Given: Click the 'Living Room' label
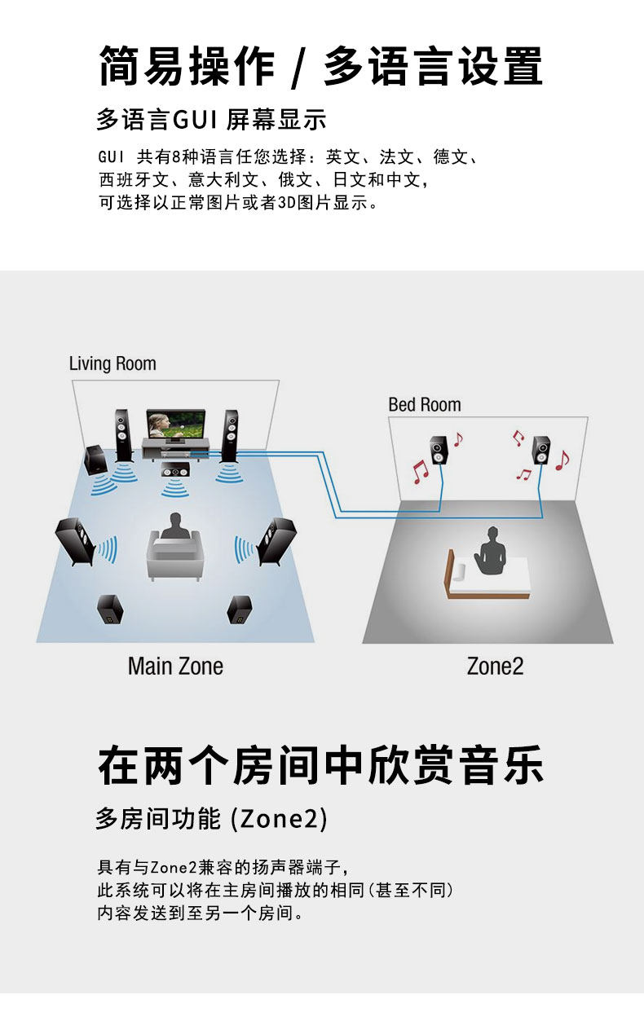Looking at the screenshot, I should point(112,363).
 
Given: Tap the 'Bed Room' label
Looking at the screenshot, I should point(424,404).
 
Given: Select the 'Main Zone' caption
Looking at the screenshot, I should point(175,666).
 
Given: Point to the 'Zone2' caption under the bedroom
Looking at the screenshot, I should point(495,666).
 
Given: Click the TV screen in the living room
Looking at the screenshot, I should point(172,425).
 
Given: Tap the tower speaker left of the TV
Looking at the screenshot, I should point(123,434).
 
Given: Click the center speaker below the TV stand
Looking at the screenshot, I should point(175,469).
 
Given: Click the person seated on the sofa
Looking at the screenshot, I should point(173,529).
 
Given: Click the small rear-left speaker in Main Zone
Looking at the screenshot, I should point(110,610).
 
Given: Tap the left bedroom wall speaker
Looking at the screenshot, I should point(439,450).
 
